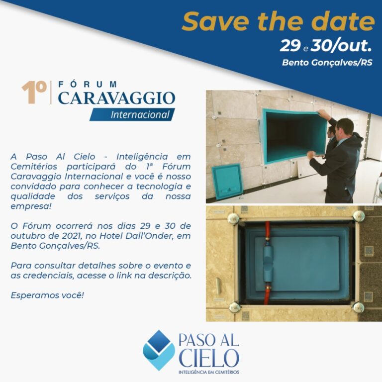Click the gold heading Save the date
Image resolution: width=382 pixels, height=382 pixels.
278,21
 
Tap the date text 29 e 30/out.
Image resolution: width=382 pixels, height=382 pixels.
326,46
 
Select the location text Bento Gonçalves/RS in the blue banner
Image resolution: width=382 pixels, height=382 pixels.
327,63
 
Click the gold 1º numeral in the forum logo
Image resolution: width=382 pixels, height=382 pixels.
34,93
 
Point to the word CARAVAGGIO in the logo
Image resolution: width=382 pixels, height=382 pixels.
116,98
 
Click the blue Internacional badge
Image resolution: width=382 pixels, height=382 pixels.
132,114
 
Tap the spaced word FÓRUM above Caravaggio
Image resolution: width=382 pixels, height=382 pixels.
88,84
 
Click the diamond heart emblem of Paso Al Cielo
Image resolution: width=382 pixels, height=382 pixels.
159,350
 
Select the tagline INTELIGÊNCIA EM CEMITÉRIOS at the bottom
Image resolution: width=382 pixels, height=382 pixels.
209,372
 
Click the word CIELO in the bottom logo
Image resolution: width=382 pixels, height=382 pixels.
209,358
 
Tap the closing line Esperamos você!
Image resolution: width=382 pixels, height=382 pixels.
47,295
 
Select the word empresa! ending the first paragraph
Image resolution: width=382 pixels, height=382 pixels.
31,206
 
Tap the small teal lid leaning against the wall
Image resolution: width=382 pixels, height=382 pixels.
227,182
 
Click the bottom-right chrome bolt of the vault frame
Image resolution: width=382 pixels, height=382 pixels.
358,307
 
